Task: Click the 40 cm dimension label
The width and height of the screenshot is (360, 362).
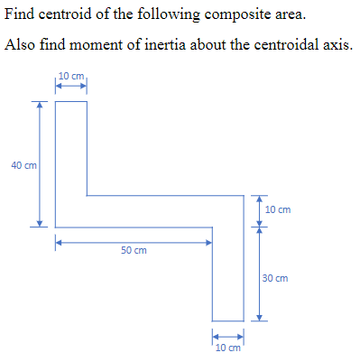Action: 23,165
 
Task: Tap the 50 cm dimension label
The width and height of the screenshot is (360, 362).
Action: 134,250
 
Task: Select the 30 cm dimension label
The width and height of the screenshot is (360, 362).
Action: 276,278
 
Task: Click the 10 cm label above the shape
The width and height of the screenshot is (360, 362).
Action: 70,75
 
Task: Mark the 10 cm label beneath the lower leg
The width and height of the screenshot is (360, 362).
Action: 228,348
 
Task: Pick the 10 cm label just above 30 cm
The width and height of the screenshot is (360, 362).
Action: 278,209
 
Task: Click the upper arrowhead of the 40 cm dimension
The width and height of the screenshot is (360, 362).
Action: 39,105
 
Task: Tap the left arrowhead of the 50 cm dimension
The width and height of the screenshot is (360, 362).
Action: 60,242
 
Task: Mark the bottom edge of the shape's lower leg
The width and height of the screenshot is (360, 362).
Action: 228,320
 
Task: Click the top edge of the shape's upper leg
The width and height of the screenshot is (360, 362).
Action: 71,101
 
